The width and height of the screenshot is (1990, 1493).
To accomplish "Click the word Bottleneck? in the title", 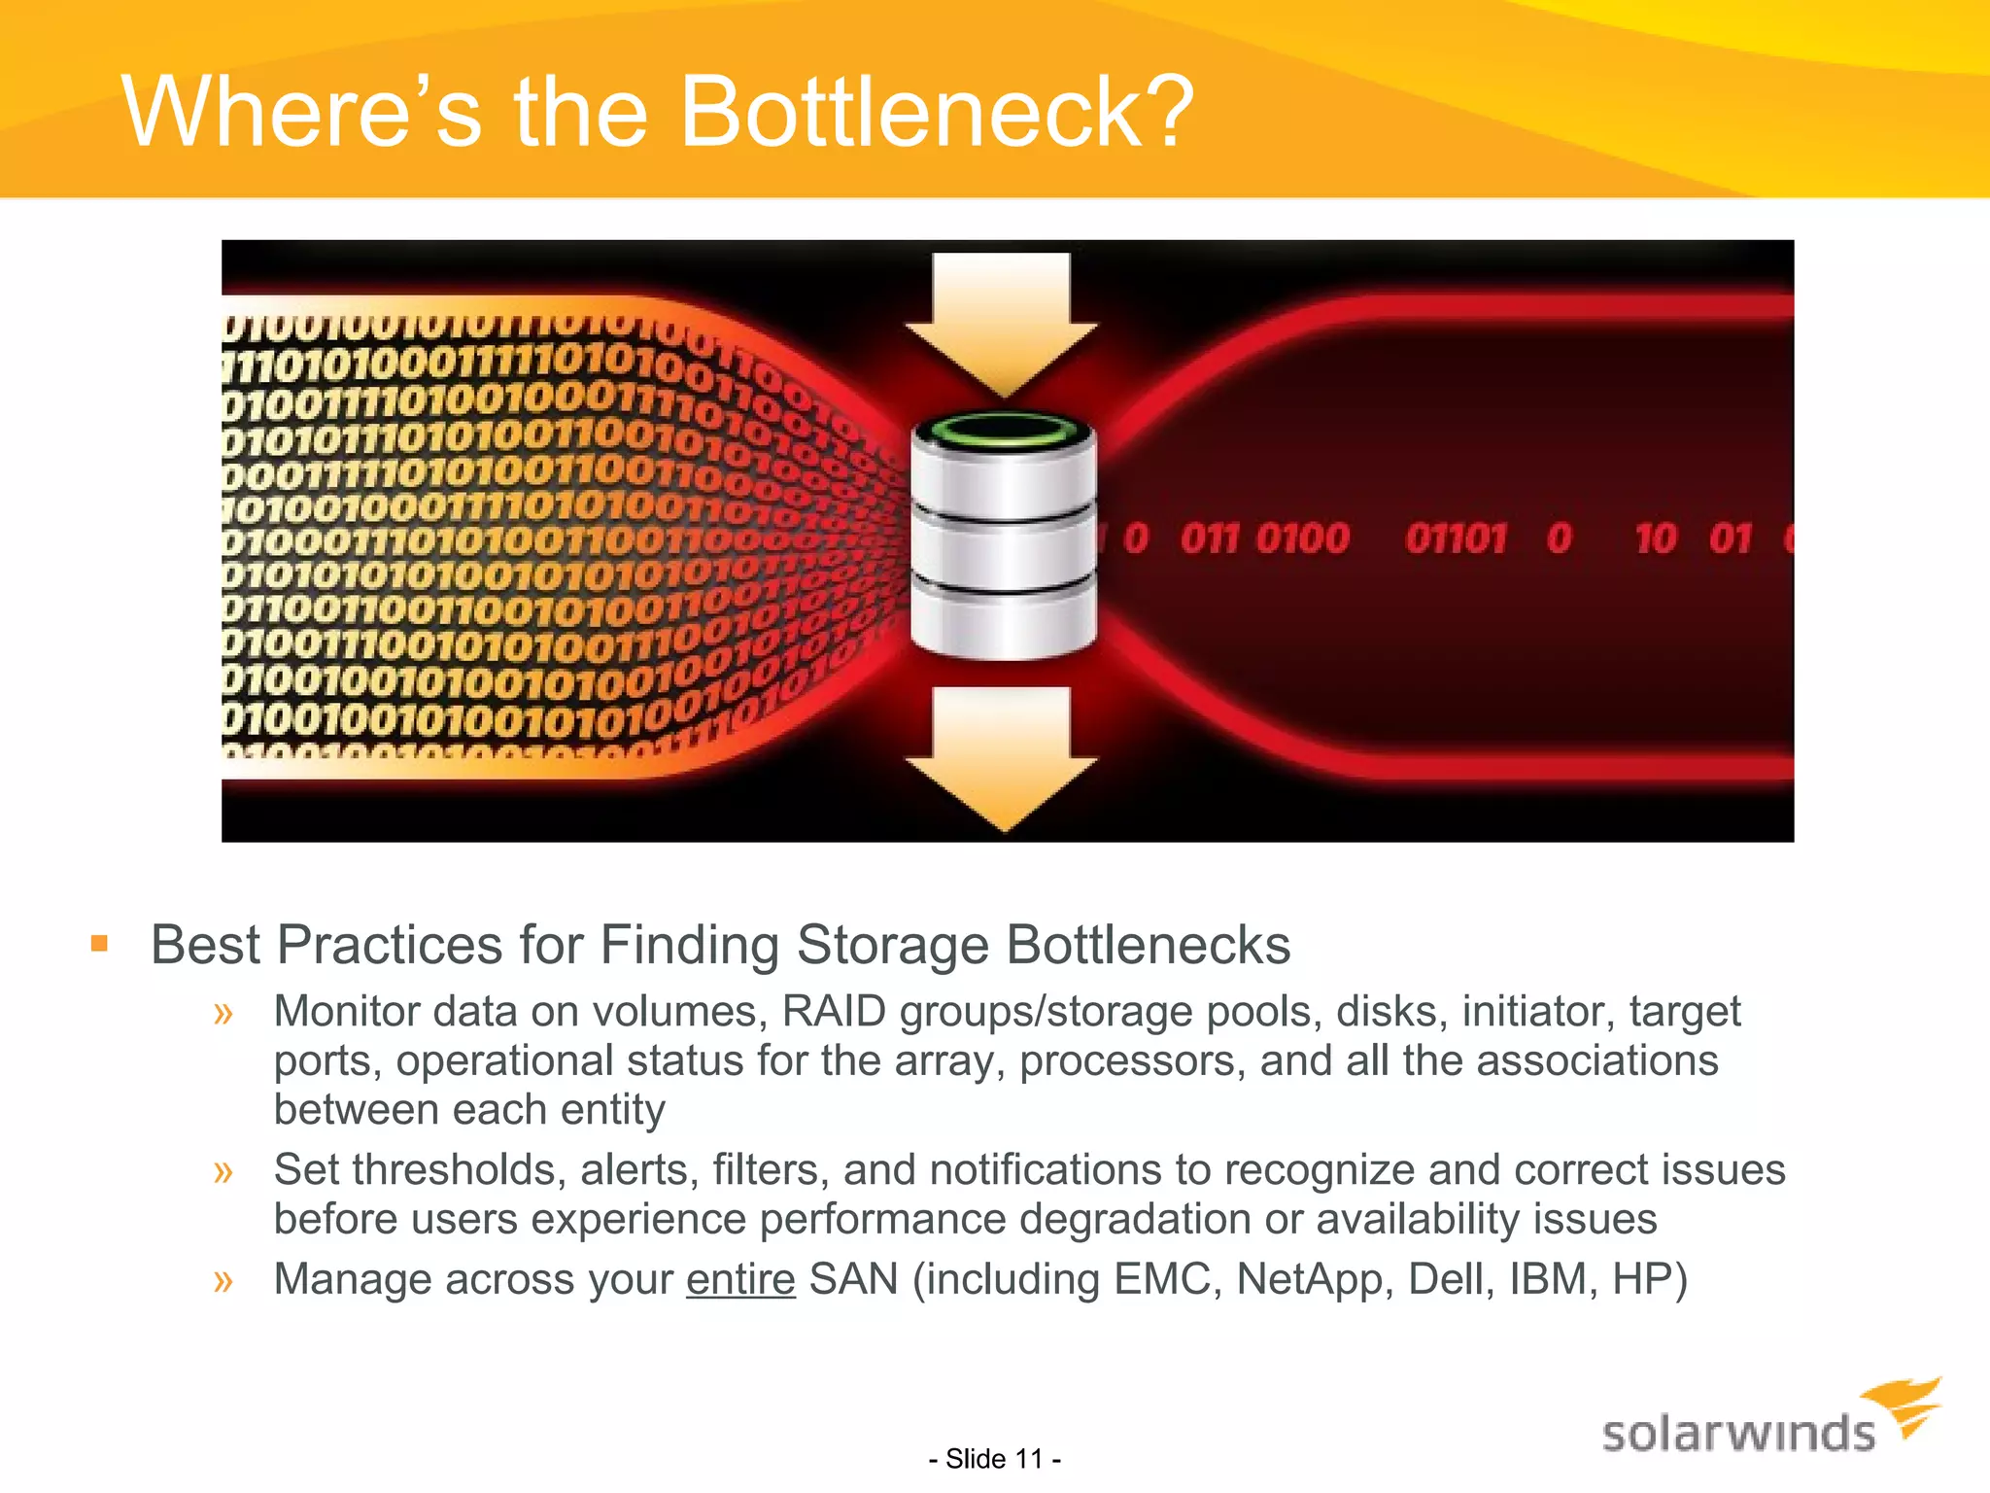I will point(936,113).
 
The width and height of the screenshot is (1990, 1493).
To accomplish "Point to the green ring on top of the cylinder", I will point(1004,431).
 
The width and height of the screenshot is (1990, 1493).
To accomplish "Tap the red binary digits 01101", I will point(1455,538).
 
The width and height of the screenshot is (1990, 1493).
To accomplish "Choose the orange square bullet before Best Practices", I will point(99,943).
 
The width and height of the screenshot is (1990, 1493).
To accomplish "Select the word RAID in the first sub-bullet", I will point(834,1012).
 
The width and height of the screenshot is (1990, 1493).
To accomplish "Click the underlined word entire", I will point(740,1279).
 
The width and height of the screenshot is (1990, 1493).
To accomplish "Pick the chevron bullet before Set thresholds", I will point(223,1171).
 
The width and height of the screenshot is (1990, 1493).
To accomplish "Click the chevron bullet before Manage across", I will point(223,1280).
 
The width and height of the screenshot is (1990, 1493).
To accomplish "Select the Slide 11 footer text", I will point(994,1459).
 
